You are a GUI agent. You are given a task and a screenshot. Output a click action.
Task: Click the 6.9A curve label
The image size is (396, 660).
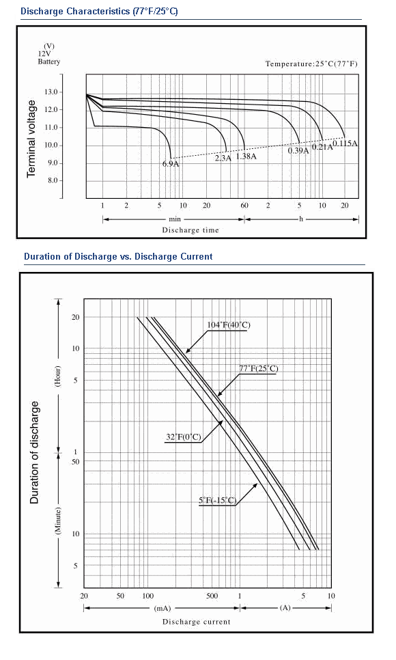tap(171, 164)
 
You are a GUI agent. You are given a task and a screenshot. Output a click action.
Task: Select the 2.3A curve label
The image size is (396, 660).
tap(223, 159)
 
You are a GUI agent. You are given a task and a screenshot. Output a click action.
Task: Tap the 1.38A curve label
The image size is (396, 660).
tap(246, 156)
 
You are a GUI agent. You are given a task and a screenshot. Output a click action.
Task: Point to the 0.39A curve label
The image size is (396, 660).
tap(298, 151)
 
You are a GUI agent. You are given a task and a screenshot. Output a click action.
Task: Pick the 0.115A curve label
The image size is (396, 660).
tap(345, 143)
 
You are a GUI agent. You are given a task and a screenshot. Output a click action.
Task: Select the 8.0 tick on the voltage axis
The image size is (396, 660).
tap(53, 180)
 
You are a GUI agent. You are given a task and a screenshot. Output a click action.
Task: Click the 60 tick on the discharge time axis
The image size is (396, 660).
tap(244, 206)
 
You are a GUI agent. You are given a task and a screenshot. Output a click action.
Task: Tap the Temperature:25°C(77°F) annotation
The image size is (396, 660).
tap(311, 64)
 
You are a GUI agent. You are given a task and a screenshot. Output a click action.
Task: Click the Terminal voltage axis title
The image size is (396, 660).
tap(31, 139)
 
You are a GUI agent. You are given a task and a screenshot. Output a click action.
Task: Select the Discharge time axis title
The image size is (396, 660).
tap(190, 230)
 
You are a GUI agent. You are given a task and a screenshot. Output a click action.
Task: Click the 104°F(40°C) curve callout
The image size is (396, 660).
tap(229, 325)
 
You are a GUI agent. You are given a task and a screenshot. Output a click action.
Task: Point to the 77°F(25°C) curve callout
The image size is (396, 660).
tap(259, 369)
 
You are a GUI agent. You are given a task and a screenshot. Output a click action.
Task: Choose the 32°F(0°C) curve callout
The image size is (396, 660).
tap(184, 437)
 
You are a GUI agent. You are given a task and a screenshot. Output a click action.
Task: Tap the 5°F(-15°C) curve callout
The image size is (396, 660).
tap(218, 501)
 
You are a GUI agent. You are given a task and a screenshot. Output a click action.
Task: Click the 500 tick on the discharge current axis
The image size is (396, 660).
tap(212, 596)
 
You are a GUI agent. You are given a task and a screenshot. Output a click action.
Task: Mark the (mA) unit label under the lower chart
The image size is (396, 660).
tap(162, 608)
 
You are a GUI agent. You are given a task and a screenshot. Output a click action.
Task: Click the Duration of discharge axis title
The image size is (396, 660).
tap(34, 452)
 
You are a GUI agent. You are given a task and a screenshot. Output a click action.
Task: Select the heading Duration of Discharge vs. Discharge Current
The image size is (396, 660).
tap(118, 256)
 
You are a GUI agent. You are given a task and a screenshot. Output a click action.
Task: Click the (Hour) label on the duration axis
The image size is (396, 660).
tap(58, 376)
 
